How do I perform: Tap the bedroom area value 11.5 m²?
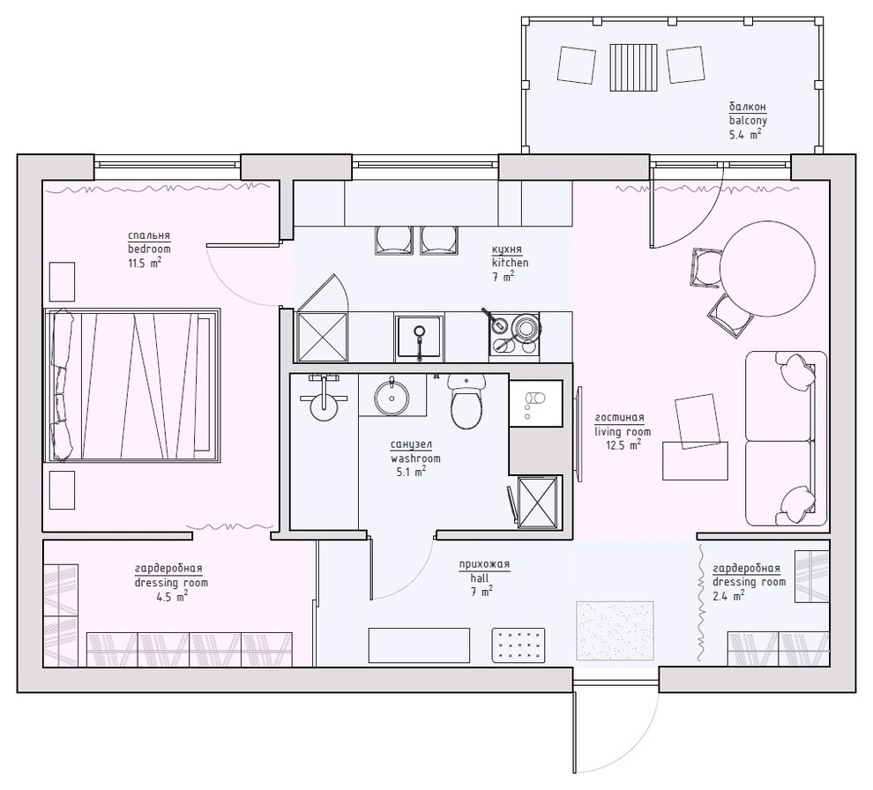click(x=144, y=263)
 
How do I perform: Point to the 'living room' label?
click(x=623, y=432)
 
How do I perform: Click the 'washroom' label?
click(x=415, y=458)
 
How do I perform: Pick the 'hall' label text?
click(x=479, y=578)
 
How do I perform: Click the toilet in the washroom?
click(x=467, y=402)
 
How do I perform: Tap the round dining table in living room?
click(x=765, y=268)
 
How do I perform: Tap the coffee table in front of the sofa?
click(x=696, y=459)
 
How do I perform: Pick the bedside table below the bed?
click(x=62, y=491)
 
